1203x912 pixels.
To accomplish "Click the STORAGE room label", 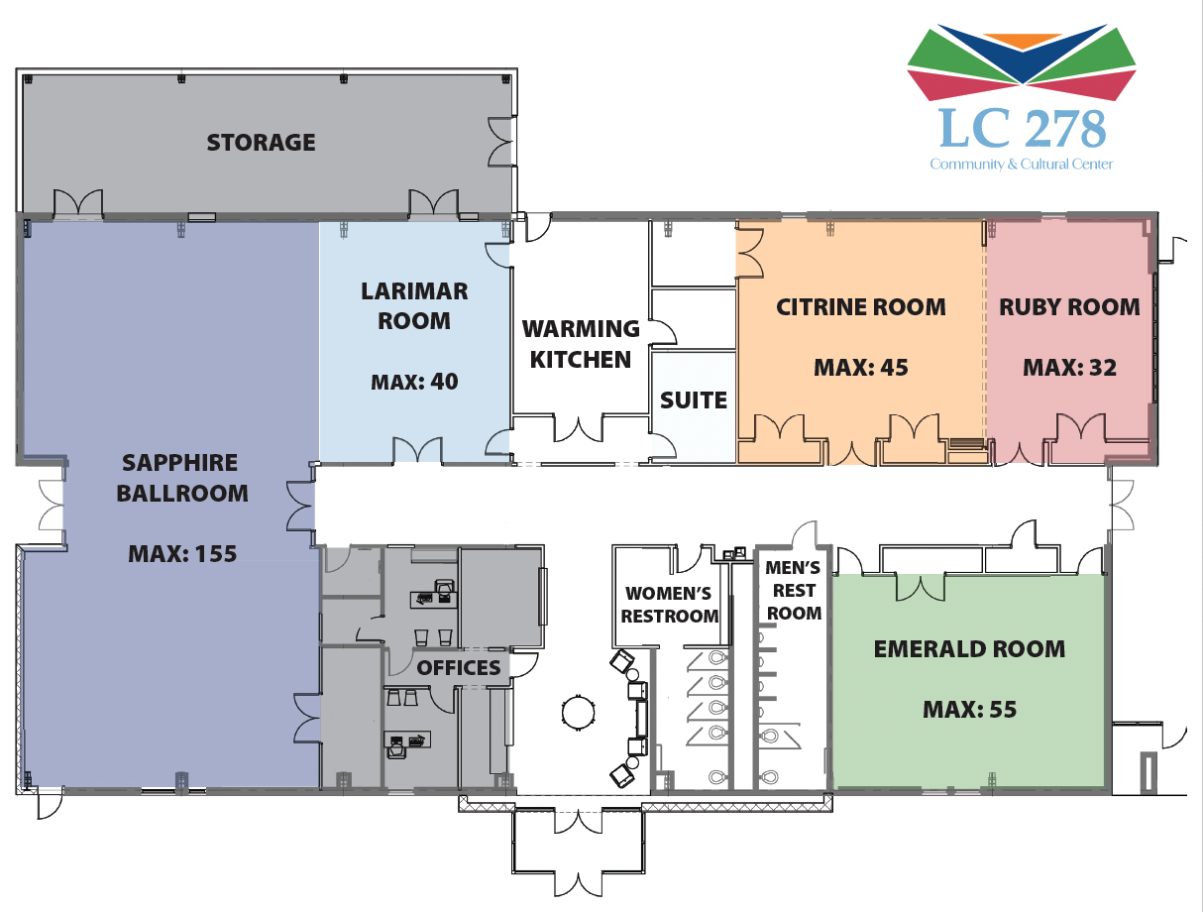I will click(261, 143).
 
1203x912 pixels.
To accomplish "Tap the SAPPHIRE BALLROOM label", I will click(182, 477).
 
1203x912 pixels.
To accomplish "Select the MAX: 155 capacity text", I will click(182, 553).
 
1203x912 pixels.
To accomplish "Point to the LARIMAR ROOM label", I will click(414, 306).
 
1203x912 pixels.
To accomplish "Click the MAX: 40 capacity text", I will click(414, 381).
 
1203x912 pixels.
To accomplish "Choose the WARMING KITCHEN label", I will click(581, 343).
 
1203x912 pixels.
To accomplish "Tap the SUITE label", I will click(694, 400).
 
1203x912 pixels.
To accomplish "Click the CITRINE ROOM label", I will click(860, 307).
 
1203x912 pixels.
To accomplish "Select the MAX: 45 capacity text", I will click(860, 368).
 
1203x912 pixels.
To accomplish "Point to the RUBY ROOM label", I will click(1069, 307).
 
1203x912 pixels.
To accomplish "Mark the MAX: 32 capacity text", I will click(1069, 368).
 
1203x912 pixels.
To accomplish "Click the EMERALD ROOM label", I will click(969, 649).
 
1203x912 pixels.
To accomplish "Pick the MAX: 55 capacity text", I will click(969, 710).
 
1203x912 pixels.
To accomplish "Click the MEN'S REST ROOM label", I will click(794, 591).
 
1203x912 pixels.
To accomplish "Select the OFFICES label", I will click(459, 667).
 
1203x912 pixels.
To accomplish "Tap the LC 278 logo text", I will click(1022, 128).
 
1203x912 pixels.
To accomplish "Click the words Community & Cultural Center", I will click(1021, 164).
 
